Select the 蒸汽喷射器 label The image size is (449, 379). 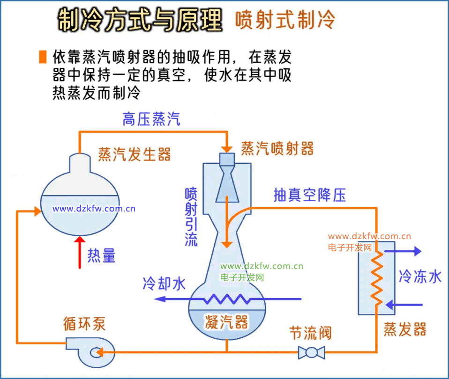(x=277, y=148)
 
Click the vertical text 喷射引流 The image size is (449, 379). (x=191, y=217)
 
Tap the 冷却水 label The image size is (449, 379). (x=164, y=284)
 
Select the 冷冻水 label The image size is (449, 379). (x=420, y=277)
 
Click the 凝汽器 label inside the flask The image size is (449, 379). (x=226, y=321)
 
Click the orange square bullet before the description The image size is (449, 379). (x=43, y=57)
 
